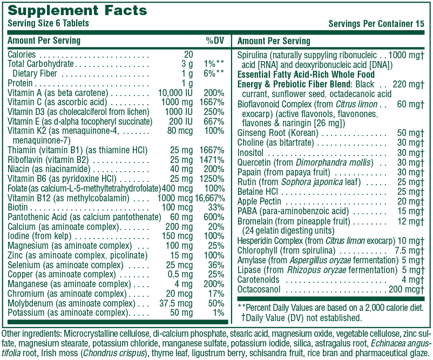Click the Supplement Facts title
pyautogui.click(x=77, y=10)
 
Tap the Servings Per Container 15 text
pyautogui.click(x=376, y=24)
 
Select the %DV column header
pyautogui.click(x=215, y=40)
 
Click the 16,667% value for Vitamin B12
pyautogui.click(x=210, y=198)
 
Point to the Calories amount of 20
pyautogui.click(x=188, y=55)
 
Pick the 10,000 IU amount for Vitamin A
pyautogui.click(x=175, y=93)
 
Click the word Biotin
pyautogui.click(x=18, y=207)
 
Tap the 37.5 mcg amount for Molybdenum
pyautogui.click(x=176, y=303)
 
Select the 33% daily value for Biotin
pyautogui.click(x=216, y=207)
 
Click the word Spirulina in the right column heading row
pyautogui.click(x=252, y=56)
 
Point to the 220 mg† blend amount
pyautogui.click(x=408, y=84)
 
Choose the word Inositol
pyautogui.click(x=251, y=153)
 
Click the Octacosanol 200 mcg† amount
pyautogui.click(x=407, y=289)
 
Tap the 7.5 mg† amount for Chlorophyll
pyautogui.click(x=410, y=250)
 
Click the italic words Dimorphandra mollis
pyautogui.click(x=333, y=162)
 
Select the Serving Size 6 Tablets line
pyautogui.click(x=49, y=23)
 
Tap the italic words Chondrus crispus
pyautogui.click(x=114, y=353)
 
